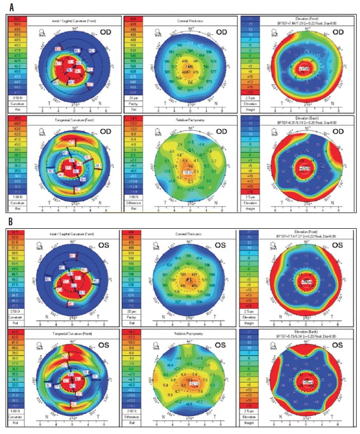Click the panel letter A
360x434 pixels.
click(10, 7)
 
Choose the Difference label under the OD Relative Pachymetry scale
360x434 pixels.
click(134, 202)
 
